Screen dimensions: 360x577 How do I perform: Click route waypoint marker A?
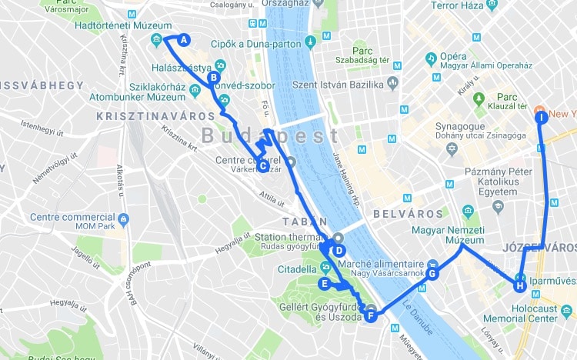coord(183,39)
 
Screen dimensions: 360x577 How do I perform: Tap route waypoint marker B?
coord(214,77)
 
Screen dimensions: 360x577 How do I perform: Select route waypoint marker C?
coord(262,165)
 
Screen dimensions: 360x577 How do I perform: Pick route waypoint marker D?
coord(338,250)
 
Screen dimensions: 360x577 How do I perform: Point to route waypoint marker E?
coord(325,284)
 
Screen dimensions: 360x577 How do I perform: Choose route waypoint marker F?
coord(371,315)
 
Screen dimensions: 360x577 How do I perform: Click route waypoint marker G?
coord(432,273)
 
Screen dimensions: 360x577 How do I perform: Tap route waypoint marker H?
coord(520,286)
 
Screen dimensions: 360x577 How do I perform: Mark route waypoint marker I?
coord(542,118)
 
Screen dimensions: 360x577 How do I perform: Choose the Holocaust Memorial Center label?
coord(521,312)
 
